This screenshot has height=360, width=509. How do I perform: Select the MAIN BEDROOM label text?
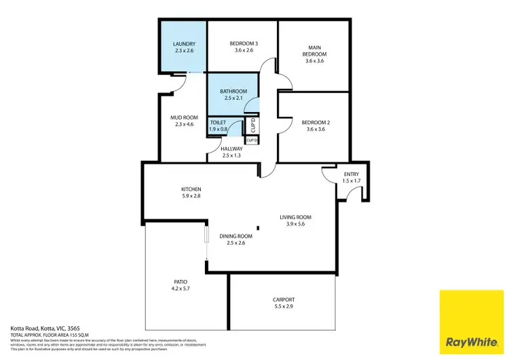point(315,50)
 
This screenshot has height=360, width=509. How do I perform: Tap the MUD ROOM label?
point(185,118)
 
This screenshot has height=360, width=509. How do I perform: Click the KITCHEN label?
point(191,189)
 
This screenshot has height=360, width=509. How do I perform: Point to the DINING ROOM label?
point(236,236)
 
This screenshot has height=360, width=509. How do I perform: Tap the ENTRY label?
point(350,175)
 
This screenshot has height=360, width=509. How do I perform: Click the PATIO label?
point(180,281)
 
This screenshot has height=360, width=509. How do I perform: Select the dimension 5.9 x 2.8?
point(191,196)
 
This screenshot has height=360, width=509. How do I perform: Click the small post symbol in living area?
point(257,228)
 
